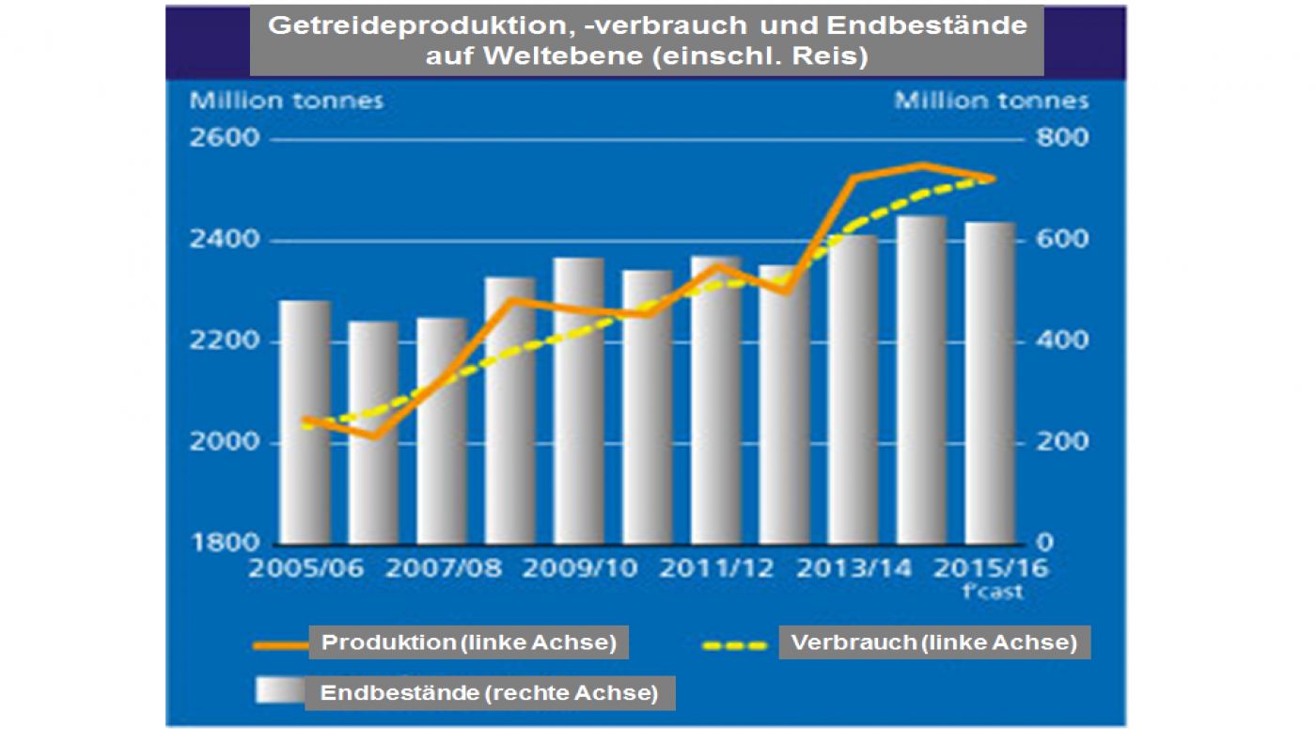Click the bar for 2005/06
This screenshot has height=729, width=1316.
coord(305,423)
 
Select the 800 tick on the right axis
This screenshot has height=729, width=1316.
coord(1062,139)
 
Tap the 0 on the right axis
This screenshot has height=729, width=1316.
coord(1045,544)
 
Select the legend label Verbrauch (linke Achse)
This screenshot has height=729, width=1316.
coord(933,643)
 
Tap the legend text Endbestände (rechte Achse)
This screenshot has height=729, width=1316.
coord(489,694)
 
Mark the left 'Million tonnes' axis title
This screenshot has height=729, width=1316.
coord(287,101)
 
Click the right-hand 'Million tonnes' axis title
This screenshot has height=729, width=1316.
coord(991,101)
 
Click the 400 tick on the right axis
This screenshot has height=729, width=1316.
coord(1062,341)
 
